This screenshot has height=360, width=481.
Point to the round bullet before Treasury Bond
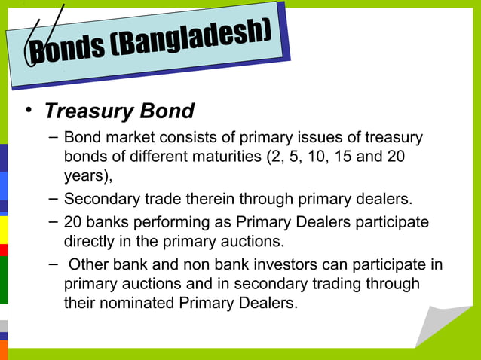(x=28, y=111)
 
